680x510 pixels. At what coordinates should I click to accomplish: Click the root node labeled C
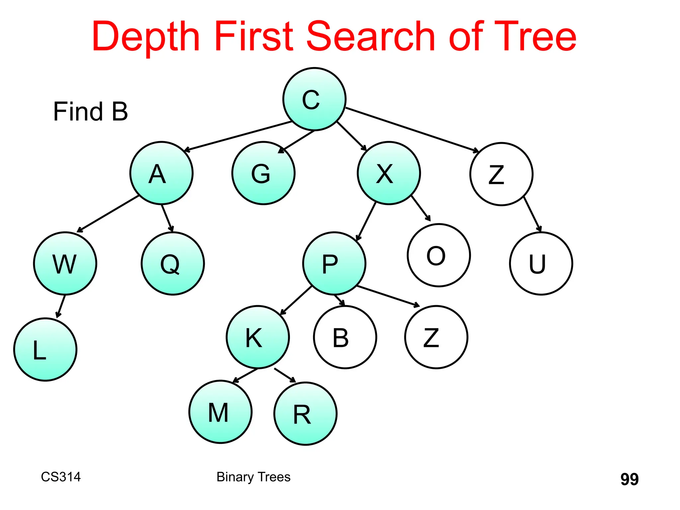point(314,99)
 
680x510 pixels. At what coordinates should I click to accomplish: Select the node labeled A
point(161,173)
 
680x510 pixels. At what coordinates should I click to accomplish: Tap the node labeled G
point(263,173)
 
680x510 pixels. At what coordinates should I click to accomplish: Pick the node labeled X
point(389,173)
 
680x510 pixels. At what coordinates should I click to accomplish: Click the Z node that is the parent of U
point(501,174)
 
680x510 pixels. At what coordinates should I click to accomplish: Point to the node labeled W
point(65,263)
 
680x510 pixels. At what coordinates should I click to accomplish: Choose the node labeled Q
point(173,263)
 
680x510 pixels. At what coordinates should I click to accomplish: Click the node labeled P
point(334,263)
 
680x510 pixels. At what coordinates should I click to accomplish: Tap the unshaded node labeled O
point(439,255)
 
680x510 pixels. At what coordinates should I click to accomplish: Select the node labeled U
point(541,263)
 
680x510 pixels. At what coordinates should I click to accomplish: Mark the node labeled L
point(45,349)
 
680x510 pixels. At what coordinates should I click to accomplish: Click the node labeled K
point(258,337)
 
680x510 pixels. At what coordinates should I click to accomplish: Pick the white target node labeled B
point(345,337)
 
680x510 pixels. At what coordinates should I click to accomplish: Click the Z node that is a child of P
point(436,337)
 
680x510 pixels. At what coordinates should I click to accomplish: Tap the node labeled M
point(220,412)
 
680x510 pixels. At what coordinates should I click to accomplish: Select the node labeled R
point(305,414)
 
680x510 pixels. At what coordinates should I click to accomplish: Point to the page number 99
point(629,479)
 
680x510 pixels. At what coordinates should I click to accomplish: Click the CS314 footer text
point(61,477)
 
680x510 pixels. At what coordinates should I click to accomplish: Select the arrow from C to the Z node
point(412,130)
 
